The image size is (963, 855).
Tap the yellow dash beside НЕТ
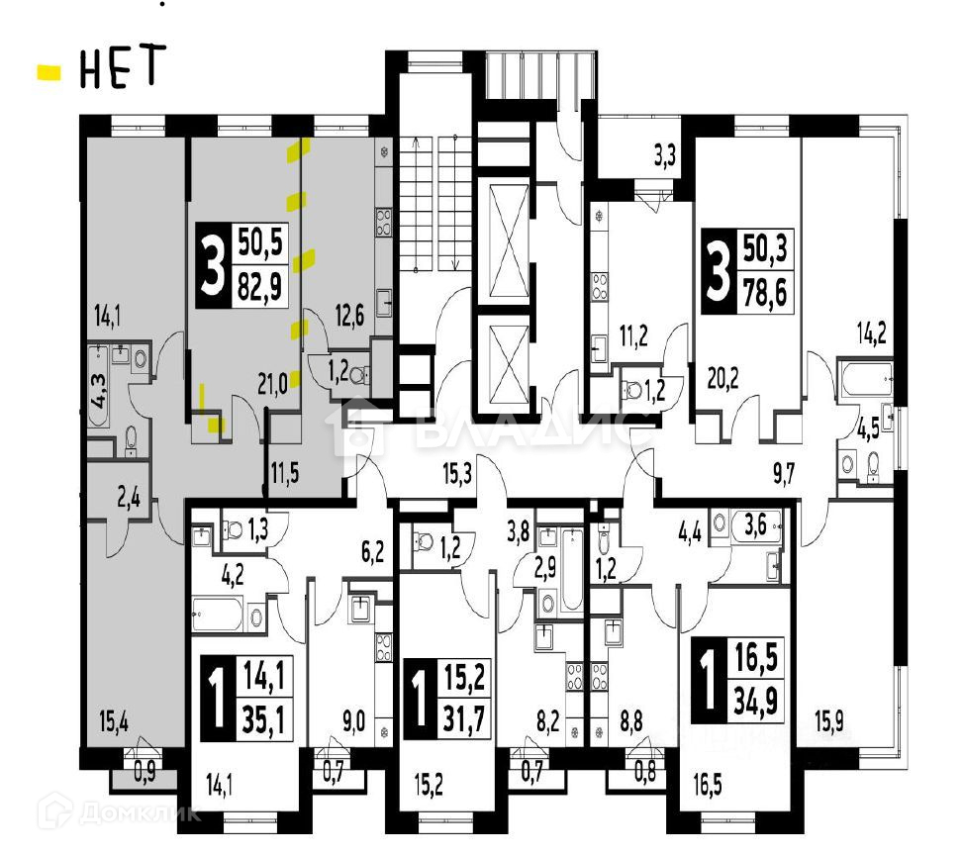tap(48, 71)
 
